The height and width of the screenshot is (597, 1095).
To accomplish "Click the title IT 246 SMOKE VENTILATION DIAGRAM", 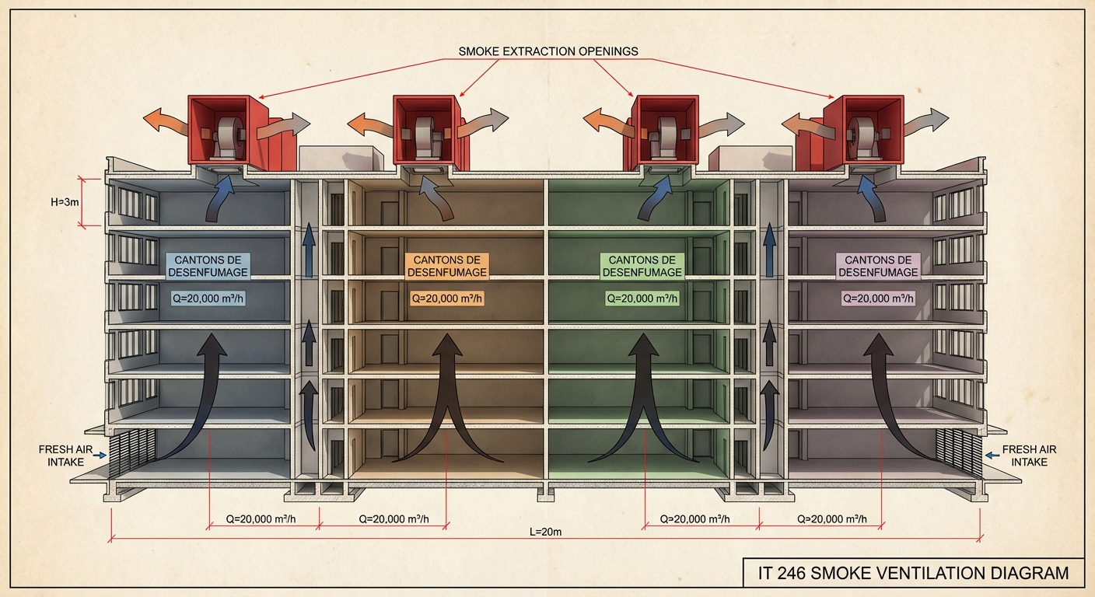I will click(x=913, y=574).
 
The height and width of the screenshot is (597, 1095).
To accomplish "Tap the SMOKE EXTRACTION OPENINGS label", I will click(x=548, y=51).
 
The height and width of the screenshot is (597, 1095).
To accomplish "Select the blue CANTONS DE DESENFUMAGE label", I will click(x=207, y=266).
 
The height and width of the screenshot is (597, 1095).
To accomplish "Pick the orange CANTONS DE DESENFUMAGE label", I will click(x=446, y=266).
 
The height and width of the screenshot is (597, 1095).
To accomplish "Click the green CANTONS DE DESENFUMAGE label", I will click(x=642, y=266).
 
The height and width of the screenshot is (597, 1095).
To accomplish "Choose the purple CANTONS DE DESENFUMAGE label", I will click(x=878, y=266).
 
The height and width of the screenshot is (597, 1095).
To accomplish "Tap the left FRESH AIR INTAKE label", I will click(x=61, y=456).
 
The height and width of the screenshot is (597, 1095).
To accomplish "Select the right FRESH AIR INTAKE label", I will click(x=1029, y=456).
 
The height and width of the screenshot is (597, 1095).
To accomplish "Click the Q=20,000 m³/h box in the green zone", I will click(x=642, y=298).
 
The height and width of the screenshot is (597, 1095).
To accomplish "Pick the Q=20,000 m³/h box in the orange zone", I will click(x=446, y=298).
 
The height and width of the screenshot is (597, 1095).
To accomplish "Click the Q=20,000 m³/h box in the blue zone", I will click(x=207, y=298).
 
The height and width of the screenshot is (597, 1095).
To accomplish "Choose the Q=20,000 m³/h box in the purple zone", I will click(x=878, y=298).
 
